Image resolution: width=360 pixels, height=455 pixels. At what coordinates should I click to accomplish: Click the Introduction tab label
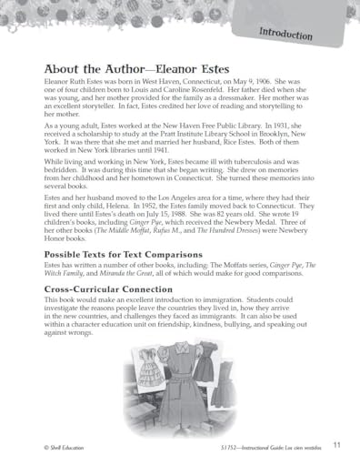click(x=285, y=35)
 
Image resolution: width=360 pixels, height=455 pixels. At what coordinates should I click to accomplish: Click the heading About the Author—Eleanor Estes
click(x=131, y=68)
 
